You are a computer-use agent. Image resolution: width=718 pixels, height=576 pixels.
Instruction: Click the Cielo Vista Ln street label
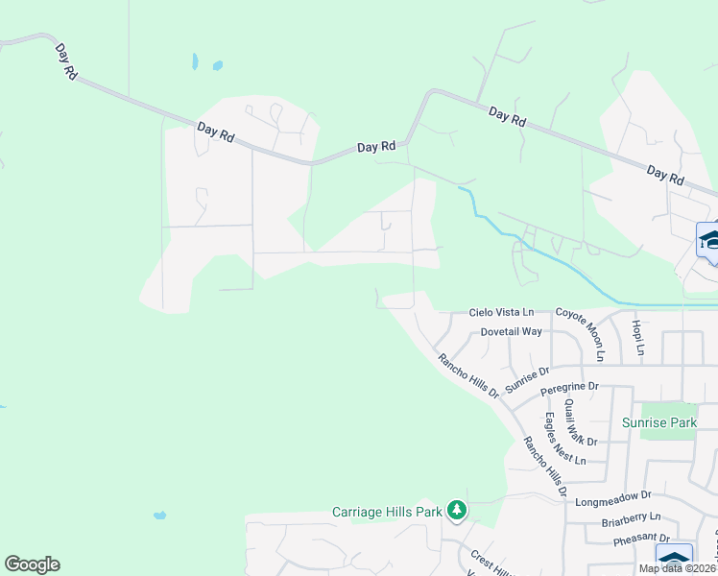point(500,313)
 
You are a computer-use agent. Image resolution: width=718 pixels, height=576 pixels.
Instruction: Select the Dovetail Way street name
point(512,331)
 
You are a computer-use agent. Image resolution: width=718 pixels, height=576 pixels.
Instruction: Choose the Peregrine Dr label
point(569,387)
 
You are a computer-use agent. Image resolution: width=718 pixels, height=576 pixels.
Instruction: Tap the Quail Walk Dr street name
point(581,422)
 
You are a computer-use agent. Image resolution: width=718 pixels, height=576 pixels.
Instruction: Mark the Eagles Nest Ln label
point(564,439)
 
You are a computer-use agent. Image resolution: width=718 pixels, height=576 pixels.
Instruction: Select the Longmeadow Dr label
point(613,500)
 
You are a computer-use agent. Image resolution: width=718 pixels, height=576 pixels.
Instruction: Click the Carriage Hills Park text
point(387,511)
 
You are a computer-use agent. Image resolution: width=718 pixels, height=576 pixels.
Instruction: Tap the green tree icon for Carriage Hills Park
point(458,511)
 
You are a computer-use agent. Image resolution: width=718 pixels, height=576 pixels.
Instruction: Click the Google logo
point(32,564)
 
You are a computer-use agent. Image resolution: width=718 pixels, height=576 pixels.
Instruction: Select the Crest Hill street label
point(485,561)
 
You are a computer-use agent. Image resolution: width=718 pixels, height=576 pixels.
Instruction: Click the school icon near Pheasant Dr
point(674,559)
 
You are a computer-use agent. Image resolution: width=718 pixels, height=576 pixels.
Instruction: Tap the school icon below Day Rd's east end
point(710,238)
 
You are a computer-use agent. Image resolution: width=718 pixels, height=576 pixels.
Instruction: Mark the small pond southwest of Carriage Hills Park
point(158,516)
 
